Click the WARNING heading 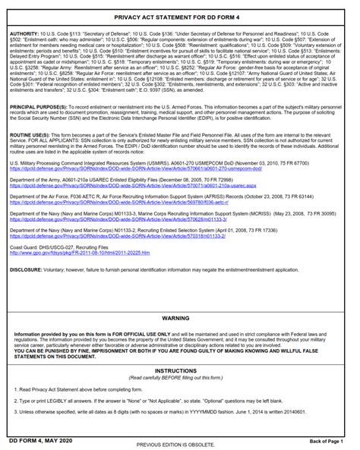pyautogui.click(x=180, y=319)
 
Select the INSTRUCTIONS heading pyautogui.click(x=180, y=371)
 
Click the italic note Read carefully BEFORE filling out pyautogui.click(x=180, y=378)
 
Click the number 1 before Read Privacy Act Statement pyautogui.click(x=13, y=389)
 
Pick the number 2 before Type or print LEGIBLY pyautogui.click(x=13, y=401)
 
